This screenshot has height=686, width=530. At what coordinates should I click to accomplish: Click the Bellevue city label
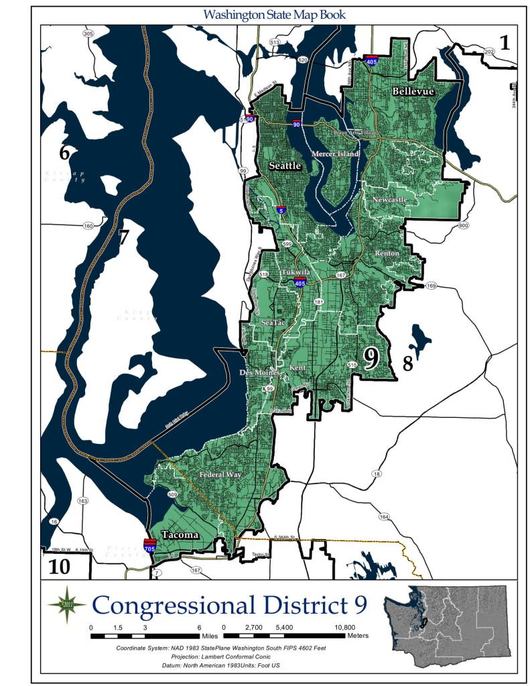click(x=413, y=91)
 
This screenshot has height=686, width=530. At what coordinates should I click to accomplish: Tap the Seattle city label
click(x=285, y=165)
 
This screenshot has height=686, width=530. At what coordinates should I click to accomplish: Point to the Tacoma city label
click(x=180, y=534)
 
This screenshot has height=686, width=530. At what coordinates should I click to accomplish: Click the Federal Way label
click(x=221, y=475)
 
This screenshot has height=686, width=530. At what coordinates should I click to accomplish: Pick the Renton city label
click(x=387, y=253)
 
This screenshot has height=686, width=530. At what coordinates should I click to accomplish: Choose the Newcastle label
click(x=389, y=200)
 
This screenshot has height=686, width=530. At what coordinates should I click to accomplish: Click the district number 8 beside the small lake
click(x=407, y=364)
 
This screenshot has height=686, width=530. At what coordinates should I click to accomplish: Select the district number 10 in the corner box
click(x=60, y=567)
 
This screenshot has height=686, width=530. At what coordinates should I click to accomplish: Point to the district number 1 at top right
click(x=505, y=43)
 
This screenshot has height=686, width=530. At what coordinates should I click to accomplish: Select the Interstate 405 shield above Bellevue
click(x=371, y=60)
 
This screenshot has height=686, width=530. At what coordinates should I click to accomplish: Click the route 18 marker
click(x=377, y=474)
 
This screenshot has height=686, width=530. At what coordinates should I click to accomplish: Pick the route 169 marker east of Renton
click(x=431, y=286)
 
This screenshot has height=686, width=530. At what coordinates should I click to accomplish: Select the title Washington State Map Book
click(x=275, y=13)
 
